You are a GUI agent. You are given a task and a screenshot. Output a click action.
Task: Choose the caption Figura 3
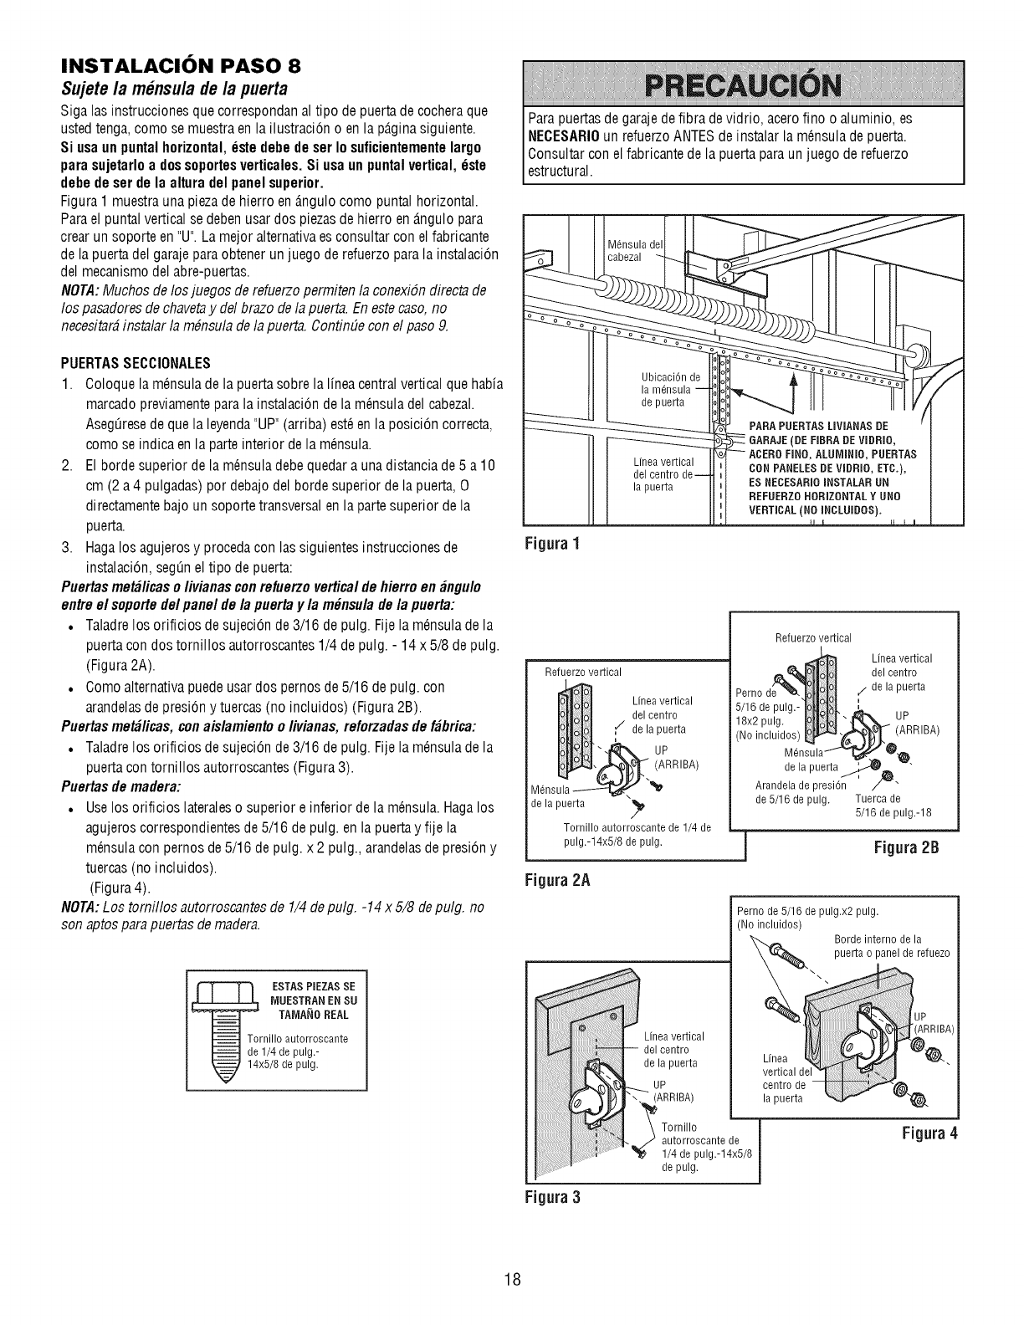[553, 1196]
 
